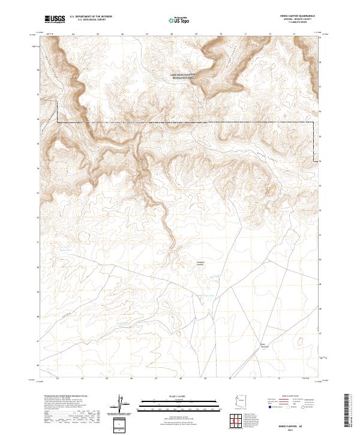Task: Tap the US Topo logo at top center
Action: tap(179, 20)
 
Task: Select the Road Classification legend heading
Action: tap(291, 397)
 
